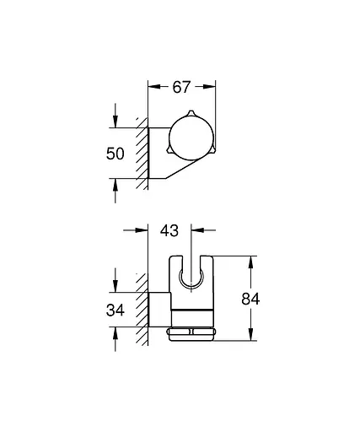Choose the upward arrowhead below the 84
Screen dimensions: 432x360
250,335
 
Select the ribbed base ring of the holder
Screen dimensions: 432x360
192,333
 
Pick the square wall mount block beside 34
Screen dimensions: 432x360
159,310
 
